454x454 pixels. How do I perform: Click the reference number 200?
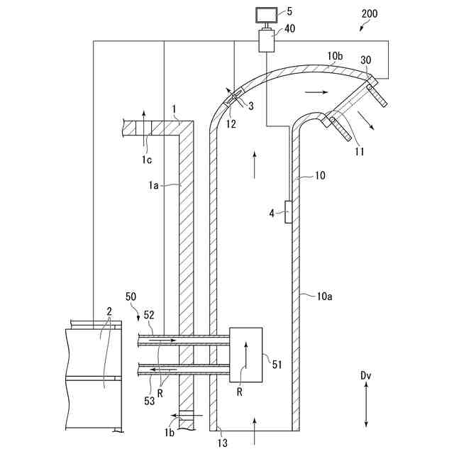(x=370, y=13)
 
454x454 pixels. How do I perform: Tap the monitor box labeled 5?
(x=267, y=15)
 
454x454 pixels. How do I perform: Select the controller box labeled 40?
(x=267, y=40)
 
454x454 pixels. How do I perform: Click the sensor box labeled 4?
(x=288, y=212)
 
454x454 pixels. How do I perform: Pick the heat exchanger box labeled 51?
(x=246, y=355)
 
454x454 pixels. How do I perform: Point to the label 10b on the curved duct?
(x=335, y=56)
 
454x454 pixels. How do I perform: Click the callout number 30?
(x=366, y=60)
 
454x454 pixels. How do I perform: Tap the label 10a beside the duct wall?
(x=325, y=296)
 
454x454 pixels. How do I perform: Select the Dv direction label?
(x=366, y=375)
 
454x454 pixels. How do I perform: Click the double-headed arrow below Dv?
(x=366, y=404)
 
